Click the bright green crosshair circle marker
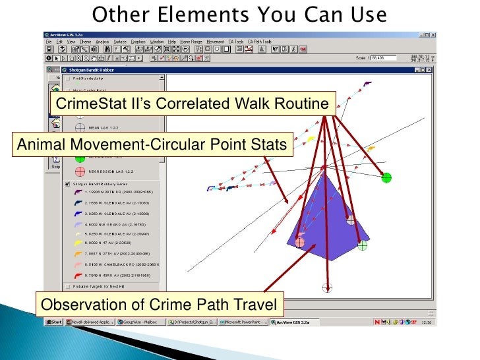[386, 177]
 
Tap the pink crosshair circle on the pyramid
[300, 242]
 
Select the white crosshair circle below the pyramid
[327, 287]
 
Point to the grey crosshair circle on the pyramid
[351, 220]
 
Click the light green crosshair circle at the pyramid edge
[362, 245]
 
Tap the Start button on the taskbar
[54, 322]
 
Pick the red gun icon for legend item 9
[78, 275]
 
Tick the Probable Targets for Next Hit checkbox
[68, 286]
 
